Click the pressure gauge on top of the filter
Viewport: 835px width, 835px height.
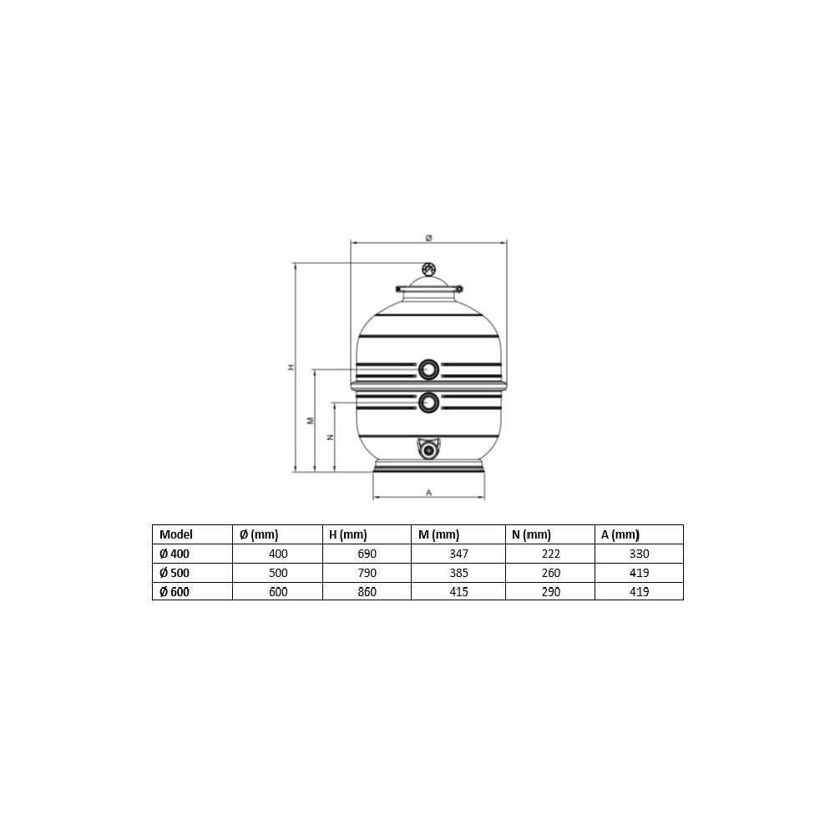click(x=428, y=270)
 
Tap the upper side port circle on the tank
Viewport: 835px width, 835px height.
click(x=428, y=369)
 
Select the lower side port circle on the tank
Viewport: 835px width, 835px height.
click(x=428, y=403)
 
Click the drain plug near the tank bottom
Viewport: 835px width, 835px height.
click(x=428, y=450)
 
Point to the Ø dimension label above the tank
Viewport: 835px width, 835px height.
click(x=428, y=238)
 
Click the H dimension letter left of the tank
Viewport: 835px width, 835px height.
click(x=291, y=367)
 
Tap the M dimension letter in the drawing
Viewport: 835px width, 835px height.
click(x=311, y=421)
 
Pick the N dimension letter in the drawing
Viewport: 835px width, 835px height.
click(x=331, y=438)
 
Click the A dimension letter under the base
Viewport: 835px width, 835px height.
click(x=428, y=493)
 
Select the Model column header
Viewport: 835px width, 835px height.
click(x=175, y=534)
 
